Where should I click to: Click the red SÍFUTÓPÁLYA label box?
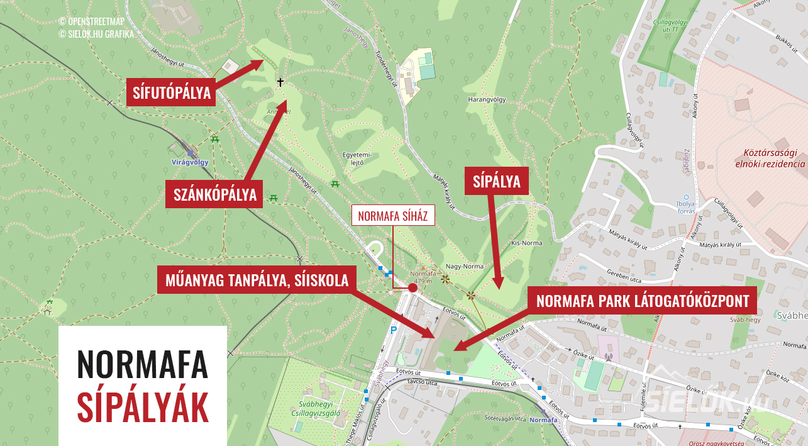(x=171, y=93)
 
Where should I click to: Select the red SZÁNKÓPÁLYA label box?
(x=215, y=195)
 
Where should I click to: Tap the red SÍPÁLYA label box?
(x=496, y=181)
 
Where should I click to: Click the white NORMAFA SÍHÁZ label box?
(x=392, y=216)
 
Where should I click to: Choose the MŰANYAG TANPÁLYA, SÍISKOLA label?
(x=257, y=280)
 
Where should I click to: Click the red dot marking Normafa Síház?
(x=412, y=287)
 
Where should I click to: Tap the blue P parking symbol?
(x=394, y=330)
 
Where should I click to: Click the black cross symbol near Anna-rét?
(x=280, y=82)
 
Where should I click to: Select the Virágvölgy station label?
(x=189, y=162)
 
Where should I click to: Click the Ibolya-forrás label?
(x=685, y=207)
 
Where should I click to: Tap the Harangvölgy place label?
(x=487, y=99)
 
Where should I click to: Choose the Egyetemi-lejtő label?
(x=358, y=158)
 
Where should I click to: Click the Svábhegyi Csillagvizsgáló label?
(x=320, y=409)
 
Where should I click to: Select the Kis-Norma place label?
(x=526, y=243)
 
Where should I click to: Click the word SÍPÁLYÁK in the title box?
(x=143, y=408)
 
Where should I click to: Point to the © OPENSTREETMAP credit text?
(x=92, y=21)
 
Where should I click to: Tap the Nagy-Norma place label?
(x=464, y=266)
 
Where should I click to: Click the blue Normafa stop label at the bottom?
(x=543, y=420)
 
